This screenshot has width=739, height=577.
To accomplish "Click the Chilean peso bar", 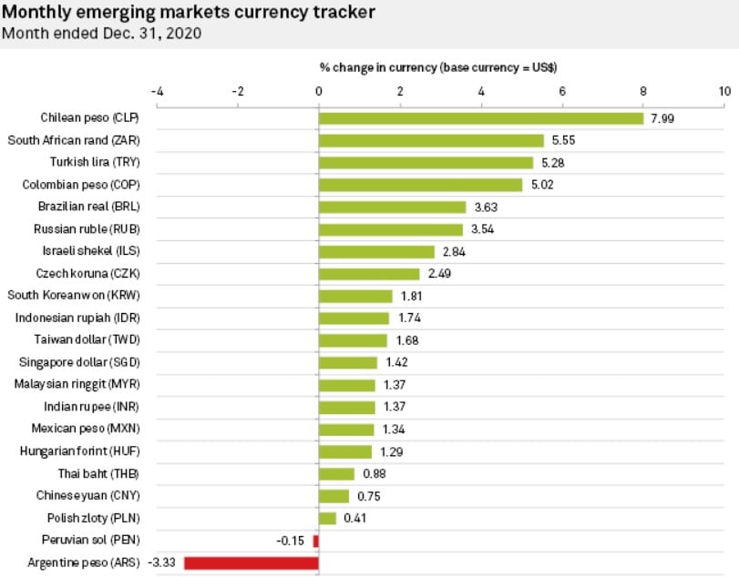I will [x=481, y=118].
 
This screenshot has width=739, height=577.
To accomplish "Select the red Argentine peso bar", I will [x=251, y=562].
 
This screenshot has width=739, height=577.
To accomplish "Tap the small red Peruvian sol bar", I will [x=316, y=541].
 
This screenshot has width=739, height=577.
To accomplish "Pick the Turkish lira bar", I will [x=426, y=163].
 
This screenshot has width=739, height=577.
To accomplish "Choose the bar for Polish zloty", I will [x=327, y=518].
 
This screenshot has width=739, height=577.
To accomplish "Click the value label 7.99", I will [x=662, y=118].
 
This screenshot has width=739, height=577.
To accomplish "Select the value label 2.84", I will [x=453, y=252].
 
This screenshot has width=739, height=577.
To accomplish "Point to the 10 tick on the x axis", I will [x=724, y=91].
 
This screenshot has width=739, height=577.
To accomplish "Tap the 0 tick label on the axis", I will [x=319, y=91].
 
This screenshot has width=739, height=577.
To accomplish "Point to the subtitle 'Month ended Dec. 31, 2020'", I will [x=102, y=34].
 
